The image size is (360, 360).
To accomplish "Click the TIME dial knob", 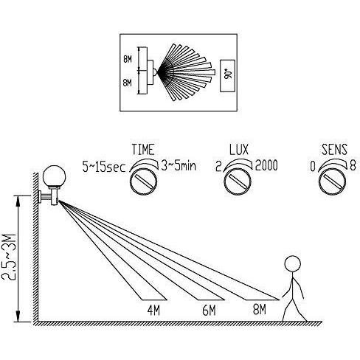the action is [x=143, y=181].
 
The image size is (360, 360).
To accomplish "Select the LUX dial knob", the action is [x=238, y=181].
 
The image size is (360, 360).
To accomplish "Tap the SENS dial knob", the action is [x=332, y=181].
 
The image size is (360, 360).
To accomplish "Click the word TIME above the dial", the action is [x=143, y=150].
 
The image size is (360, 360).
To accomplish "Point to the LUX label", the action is [x=239, y=150].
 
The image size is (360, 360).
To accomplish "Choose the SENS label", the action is [x=334, y=150].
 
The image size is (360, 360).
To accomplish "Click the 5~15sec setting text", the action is [x=104, y=167].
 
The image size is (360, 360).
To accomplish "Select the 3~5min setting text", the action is [x=179, y=165].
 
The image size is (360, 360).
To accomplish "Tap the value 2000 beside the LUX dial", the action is [x=266, y=165].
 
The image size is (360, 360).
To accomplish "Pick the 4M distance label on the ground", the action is [x=153, y=311].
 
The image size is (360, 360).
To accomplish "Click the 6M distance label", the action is [x=209, y=311].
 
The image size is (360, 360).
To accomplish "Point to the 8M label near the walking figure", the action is [x=260, y=309].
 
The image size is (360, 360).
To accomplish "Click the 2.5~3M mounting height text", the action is [x=9, y=258].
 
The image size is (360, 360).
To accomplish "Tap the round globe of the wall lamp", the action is [x=54, y=176].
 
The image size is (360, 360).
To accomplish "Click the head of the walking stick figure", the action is [x=292, y=263].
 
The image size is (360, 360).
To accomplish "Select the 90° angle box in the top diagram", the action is [x=227, y=76].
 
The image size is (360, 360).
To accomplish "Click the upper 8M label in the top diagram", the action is [x=128, y=59].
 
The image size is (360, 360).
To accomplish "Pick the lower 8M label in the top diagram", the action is [x=128, y=83].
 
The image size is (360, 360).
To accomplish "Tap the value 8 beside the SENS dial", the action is [x=353, y=166].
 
